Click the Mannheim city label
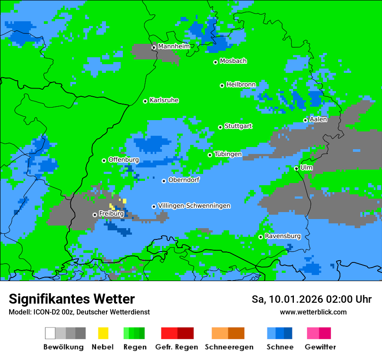click(x=174, y=46)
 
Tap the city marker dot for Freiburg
click(x=95, y=215)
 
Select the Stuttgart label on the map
click(x=238, y=126)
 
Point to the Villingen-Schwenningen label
click(x=194, y=206)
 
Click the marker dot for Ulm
click(x=296, y=168)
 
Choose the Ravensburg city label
click(x=283, y=236)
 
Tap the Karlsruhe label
click(x=164, y=100)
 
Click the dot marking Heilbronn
click(x=222, y=85)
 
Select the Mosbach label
click(x=233, y=61)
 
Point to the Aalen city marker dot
click(x=305, y=120)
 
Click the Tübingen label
click(x=228, y=154)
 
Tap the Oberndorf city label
click(x=184, y=180)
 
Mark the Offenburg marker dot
click(x=104, y=160)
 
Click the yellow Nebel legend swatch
click(x=103, y=333)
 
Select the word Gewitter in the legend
click(x=320, y=347)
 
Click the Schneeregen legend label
click(x=229, y=347)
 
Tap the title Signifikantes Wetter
click(x=72, y=299)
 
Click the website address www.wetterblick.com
click(x=313, y=312)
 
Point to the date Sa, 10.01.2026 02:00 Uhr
click(x=311, y=300)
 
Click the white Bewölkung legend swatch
click(x=50, y=333)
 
